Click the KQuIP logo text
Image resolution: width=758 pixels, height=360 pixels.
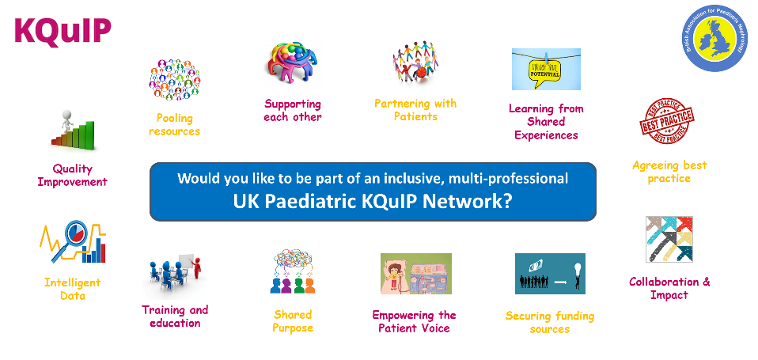pos(63,31)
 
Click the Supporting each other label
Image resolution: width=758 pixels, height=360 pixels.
pos(293,111)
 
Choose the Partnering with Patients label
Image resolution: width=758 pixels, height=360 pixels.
pos(415,110)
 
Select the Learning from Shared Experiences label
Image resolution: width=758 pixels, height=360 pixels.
pos(546,122)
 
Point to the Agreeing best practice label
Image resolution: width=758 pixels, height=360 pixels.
pos(669,172)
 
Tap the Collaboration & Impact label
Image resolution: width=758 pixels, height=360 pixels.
pos(669,288)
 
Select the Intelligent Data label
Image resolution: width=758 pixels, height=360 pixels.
pos(73,289)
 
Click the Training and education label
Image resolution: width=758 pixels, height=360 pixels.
pos(175,316)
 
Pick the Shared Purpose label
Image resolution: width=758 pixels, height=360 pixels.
pos(293,320)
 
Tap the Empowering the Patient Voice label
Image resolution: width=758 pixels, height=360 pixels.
pos(414,321)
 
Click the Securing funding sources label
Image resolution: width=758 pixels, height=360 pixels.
pos(550,322)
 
